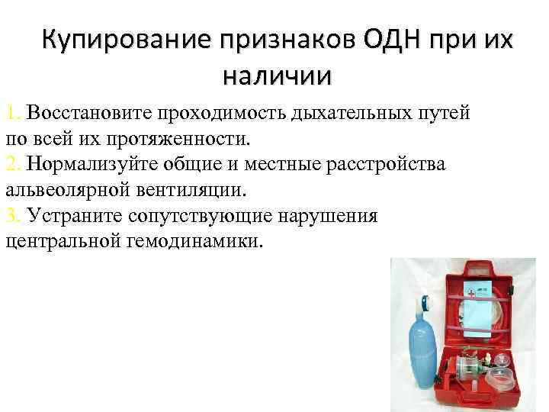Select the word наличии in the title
coord(278,76)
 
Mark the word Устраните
coord(69,216)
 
